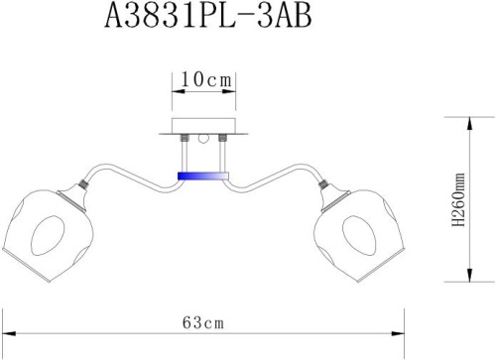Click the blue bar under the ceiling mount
click(x=201, y=176)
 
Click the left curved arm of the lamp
click(x=129, y=177)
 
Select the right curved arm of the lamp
click(x=274, y=177)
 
